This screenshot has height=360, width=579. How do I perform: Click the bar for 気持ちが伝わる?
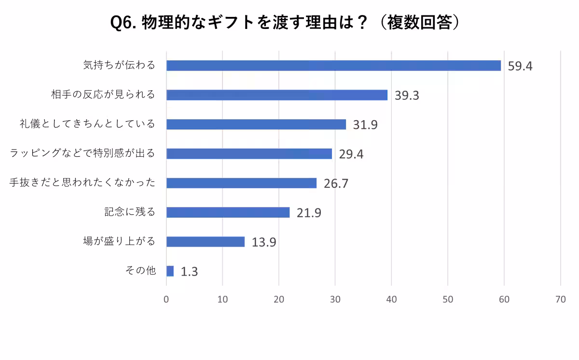tap(333, 66)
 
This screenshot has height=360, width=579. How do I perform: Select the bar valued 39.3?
tap(277, 95)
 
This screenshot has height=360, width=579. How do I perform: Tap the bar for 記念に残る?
tap(228, 212)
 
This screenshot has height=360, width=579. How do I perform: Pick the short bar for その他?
tap(170, 271)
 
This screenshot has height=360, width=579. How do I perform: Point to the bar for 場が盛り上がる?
tap(206, 242)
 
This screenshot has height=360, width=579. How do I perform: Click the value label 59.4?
tap(520, 66)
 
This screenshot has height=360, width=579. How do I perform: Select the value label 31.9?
tap(365, 125)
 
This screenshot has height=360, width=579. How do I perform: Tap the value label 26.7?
tap(336, 184)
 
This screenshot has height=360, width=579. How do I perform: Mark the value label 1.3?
tap(189, 272)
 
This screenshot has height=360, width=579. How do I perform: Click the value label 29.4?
tap(351, 154)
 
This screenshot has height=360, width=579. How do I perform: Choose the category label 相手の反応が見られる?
tap(103, 95)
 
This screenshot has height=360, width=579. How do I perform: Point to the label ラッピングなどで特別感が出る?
tap(83, 153)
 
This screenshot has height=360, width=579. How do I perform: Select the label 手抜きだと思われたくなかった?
tap(83, 183)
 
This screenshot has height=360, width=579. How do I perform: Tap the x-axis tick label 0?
tap(166, 299)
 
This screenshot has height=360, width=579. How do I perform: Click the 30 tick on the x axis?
tap(335, 299)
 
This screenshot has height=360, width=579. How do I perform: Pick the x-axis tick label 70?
tap(560, 299)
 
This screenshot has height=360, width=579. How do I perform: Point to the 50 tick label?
tap(448, 299)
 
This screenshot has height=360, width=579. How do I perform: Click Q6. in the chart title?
tap(124, 23)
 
